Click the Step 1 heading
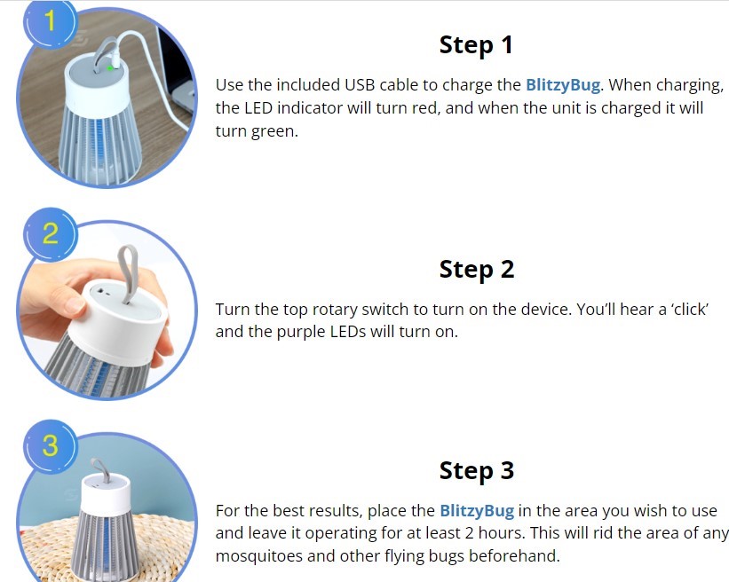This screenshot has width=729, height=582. [476, 46]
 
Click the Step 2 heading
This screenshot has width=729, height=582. [477, 270]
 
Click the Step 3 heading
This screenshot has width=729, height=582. [477, 470]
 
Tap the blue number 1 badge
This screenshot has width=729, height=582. [50, 22]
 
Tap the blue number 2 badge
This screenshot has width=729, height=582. [51, 233]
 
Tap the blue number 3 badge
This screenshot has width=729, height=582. [51, 446]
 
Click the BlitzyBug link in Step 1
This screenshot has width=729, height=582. [563, 85]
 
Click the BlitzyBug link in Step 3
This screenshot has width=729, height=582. [477, 511]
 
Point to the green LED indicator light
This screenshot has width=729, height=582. [110, 68]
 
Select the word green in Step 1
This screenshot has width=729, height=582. [273, 132]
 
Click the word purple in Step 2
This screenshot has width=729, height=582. [300, 333]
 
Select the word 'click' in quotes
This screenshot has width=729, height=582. [689, 309]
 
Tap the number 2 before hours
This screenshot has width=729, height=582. [469, 533]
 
